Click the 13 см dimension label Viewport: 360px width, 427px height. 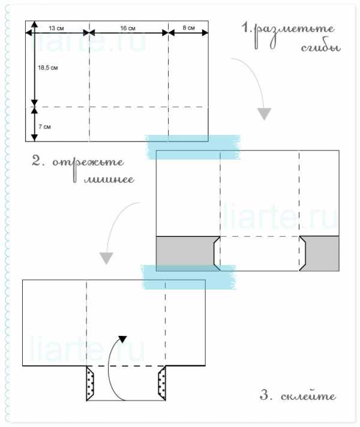click(56, 28)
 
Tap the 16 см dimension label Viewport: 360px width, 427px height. click(128, 28)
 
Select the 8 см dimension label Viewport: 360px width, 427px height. click(188, 28)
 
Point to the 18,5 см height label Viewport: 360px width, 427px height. click(48, 68)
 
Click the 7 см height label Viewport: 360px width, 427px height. click(44, 127)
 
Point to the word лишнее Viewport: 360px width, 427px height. click(109, 179)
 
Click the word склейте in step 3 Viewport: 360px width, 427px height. click(308, 396)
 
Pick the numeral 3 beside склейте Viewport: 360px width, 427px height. click(264, 395)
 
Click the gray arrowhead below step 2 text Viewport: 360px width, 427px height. click(106, 258)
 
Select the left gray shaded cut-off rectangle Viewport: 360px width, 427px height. click(185, 254)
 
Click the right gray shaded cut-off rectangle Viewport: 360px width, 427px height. click(321, 254)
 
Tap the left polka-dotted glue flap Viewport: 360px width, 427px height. click(90, 383)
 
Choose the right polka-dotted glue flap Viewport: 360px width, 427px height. click(162, 383)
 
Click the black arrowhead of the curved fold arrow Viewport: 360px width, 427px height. click(122, 339)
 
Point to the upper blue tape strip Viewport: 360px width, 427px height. click(193, 147)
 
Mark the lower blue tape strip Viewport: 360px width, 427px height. click(188, 277)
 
